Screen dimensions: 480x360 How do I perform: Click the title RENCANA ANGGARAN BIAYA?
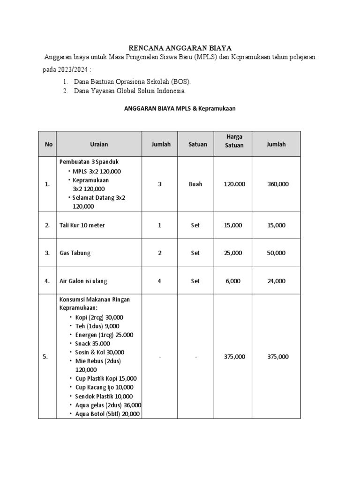(180, 48)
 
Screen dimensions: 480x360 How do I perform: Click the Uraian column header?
(99, 144)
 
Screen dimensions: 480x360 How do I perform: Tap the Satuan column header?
(197, 144)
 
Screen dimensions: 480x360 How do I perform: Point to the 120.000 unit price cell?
(234, 184)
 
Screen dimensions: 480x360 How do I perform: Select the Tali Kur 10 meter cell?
(82, 225)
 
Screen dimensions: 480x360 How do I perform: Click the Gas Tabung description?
(75, 253)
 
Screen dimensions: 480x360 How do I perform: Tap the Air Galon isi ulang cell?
(83, 281)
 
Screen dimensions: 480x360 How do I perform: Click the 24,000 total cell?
(276, 281)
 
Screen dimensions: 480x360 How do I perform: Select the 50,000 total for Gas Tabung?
(276, 253)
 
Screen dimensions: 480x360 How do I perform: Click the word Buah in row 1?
(195, 184)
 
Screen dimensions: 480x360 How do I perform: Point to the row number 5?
(45, 357)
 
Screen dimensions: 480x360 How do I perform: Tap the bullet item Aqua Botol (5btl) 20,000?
(107, 414)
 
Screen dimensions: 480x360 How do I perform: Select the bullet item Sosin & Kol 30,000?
(99, 352)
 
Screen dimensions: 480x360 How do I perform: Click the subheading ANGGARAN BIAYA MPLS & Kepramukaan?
(180, 108)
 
